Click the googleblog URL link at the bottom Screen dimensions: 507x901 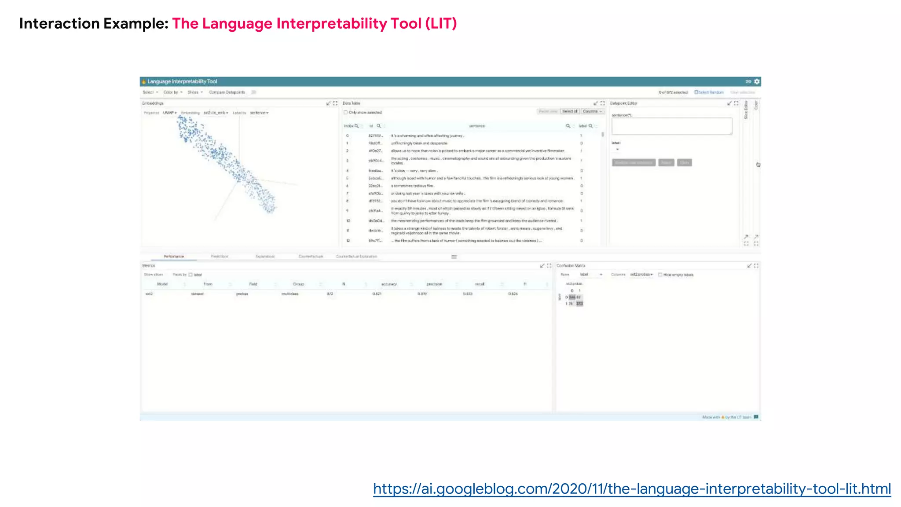pos(632,489)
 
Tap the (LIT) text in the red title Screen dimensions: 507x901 pos(441,23)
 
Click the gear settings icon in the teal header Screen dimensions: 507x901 pos(757,81)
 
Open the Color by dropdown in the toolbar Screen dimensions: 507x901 pos(172,92)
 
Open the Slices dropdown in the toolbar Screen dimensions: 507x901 pos(195,92)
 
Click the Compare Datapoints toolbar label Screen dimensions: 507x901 pos(227,92)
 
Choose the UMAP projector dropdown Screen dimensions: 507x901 pos(169,113)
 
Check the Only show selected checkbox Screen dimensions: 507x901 pos(346,113)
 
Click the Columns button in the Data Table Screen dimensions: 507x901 pos(592,111)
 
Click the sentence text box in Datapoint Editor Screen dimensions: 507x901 pos(672,126)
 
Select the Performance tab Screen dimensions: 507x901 pos(174,256)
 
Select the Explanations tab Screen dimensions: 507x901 pos(265,256)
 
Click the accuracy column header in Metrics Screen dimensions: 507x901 pos(389,284)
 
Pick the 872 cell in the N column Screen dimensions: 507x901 pos(330,294)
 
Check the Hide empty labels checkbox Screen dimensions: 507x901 pos(660,275)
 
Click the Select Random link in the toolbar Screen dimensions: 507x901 pos(709,92)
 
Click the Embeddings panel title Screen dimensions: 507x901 pos(153,103)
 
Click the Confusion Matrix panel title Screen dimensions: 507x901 pos(571,266)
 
